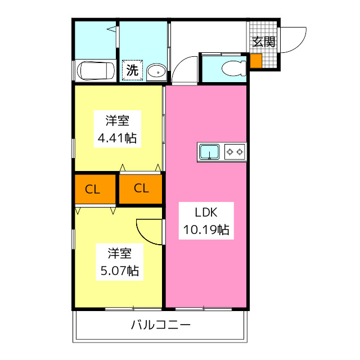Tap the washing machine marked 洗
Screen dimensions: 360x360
click(132, 71)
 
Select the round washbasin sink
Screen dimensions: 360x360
click(156, 71)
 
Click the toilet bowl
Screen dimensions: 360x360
click(233, 69)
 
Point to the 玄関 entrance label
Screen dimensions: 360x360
click(263, 42)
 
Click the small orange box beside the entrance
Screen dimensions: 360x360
click(256, 61)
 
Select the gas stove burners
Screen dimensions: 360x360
click(235, 151)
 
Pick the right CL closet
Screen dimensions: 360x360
click(141, 189)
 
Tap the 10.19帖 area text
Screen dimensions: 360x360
click(206, 229)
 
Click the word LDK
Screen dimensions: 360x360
click(205, 213)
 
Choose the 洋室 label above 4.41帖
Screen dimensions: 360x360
click(118, 120)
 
